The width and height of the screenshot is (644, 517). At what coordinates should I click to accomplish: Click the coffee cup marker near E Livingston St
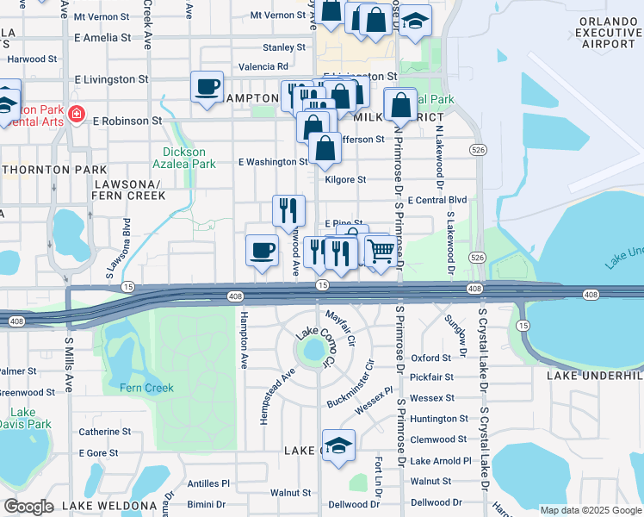[x=207, y=87]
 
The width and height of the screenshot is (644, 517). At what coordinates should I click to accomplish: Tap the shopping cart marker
[x=381, y=252]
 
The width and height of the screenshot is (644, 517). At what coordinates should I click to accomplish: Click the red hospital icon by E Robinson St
[x=77, y=115]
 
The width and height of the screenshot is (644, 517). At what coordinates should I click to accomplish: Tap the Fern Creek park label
[x=146, y=388]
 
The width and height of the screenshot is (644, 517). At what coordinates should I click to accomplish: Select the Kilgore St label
[x=345, y=180]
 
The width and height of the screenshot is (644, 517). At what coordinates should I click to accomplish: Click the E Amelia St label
[x=102, y=38]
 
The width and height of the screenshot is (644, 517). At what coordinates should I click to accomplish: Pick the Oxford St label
[x=430, y=358]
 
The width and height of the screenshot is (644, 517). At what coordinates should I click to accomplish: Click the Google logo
[x=28, y=507]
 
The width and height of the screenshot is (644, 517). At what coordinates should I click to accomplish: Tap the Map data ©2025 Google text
[x=589, y=509]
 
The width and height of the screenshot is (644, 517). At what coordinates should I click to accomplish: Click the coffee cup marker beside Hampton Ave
[x=262, y=251]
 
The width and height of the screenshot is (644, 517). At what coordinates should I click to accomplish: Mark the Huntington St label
[x=439, y=419]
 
